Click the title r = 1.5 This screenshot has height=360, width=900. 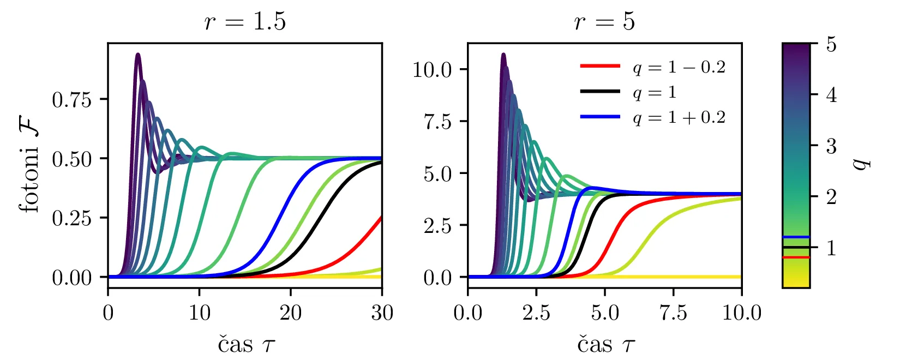point(245,22)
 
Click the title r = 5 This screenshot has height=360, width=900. point(604,22)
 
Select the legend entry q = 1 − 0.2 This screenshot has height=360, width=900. point(679,67)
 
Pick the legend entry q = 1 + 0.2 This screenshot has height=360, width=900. point(679,117)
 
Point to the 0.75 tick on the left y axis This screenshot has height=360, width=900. point(71,100)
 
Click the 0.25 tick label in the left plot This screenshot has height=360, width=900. point(71,218)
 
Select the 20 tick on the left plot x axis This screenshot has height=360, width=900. point(291,313)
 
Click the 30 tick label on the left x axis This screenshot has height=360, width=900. point(382,313)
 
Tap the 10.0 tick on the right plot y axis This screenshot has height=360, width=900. point(433,70)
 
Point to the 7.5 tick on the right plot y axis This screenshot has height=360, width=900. point(439,122)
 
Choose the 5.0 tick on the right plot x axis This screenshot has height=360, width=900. point(604,313)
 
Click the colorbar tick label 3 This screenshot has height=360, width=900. point(831,146)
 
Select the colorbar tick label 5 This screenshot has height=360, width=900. point(831,44)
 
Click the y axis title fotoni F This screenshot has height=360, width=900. point(30,166)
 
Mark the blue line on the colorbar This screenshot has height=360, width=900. point(796,237)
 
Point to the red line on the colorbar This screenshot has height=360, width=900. point(796,257)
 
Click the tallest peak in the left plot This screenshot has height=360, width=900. point(138,55)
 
